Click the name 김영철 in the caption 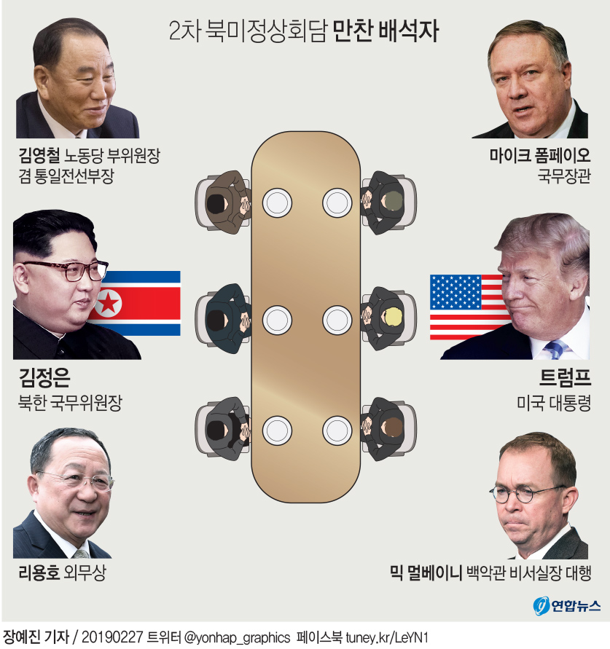click(40, 156)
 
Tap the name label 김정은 click(44, 377)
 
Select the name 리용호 click(39, 573)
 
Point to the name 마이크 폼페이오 click(539, 156)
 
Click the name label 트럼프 click(565, 377)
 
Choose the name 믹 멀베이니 click(426, 573)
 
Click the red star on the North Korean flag click(109, 303)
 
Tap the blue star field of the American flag click(455, 292)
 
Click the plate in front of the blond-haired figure click(337, 320)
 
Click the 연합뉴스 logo click(566, 606)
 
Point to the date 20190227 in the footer click(112, 637)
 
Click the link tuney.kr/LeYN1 click(387, 637)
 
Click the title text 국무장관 click(564, 177)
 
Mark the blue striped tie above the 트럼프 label click(555, 350)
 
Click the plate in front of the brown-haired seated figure click(337, 430)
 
